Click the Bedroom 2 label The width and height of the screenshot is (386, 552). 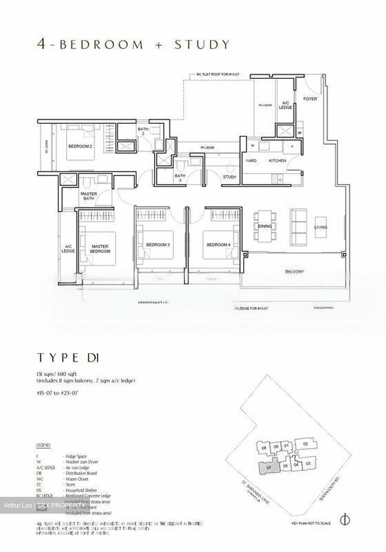(x=80, y=146)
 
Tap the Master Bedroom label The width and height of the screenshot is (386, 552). (x=100, y=249)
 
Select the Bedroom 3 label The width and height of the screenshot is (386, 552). (x=157, y=245)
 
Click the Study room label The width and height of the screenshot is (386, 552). (x=230, y=177)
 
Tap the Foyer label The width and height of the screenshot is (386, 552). (x=310, y=99)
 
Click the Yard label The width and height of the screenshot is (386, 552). (x=251, y=161)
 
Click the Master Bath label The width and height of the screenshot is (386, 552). (x=88, y=196)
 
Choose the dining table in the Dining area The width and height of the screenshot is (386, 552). (x=265, y=226)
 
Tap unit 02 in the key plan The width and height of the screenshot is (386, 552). (x=305, y=444)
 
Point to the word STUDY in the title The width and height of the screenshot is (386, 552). (x=202, y=44)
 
